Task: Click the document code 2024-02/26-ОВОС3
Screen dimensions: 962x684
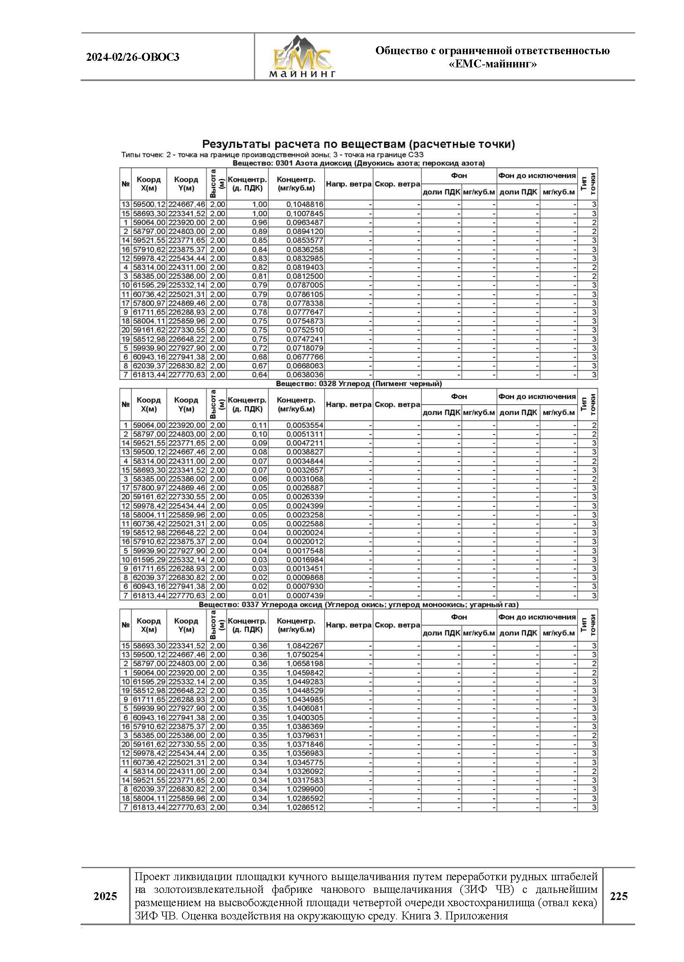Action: pos(133,57)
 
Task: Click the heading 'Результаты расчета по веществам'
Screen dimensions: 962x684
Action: pos(359,144)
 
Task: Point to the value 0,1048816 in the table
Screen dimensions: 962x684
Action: pos(305,205)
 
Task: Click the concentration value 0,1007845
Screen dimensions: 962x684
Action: pos(305,213)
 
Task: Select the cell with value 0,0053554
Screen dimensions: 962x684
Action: pos(305,425)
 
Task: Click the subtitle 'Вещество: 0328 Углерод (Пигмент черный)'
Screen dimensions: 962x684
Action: pos(359,384)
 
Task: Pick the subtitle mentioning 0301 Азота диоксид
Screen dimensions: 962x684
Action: pos(359,163)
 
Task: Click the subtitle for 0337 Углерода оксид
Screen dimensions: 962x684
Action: pos(359,604)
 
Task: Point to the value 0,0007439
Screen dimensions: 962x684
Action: pos(305,596)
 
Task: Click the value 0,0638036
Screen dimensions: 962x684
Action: pos(305,375)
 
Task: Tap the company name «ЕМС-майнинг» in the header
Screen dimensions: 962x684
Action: pos(493,64)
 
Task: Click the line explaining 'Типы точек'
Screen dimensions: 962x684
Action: pos(272,155)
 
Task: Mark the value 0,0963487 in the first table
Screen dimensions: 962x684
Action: pos(305,222)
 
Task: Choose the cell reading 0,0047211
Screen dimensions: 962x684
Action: pos(305,443)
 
